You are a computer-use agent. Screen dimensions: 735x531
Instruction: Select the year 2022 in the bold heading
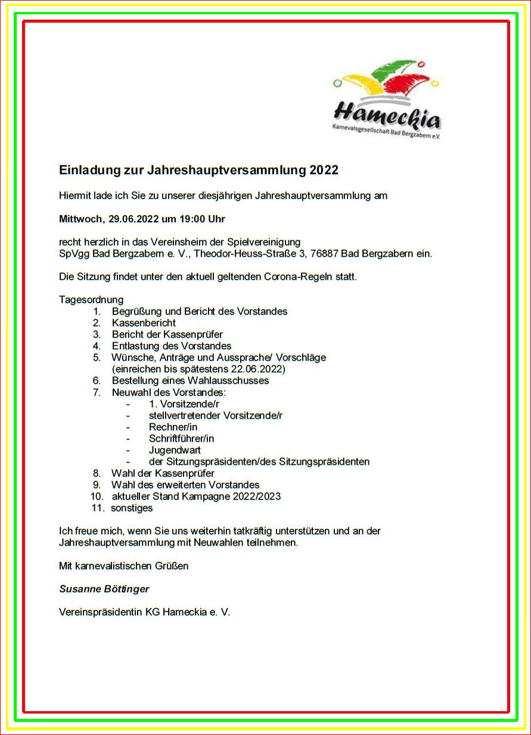[324, 170]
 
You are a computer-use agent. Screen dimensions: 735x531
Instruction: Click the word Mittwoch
[81, 219]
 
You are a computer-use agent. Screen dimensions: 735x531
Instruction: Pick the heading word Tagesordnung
[91, 299]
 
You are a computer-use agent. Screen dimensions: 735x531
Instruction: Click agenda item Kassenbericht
[144, 322]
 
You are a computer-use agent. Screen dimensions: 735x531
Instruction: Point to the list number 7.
[97, 392]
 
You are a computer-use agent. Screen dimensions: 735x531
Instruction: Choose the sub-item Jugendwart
[175, 450]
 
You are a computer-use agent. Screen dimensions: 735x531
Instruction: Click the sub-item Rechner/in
[173, 427]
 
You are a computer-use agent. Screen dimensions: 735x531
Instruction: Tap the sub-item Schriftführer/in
[181, 439]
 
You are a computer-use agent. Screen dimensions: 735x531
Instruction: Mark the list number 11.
[97, 508]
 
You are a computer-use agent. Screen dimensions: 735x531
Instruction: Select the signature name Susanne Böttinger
[104, 589]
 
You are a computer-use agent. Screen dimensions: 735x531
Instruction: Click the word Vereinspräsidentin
[101, 612]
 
